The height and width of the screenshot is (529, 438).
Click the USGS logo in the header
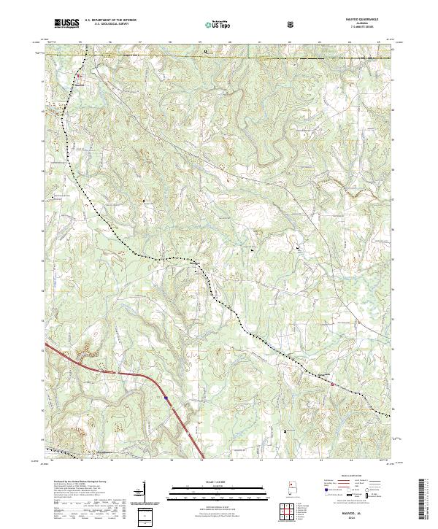tap(65, 23)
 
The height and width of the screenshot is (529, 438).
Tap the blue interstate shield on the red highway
tap(166, 398)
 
